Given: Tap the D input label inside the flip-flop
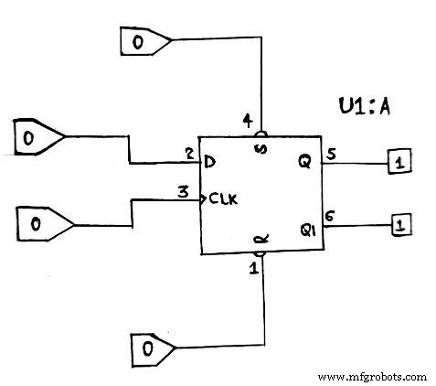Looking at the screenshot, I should (210, 163).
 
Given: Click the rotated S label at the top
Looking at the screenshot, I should (262, 149).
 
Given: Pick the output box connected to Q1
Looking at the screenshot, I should (399, 223).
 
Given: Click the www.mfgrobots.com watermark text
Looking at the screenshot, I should (373, 376).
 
